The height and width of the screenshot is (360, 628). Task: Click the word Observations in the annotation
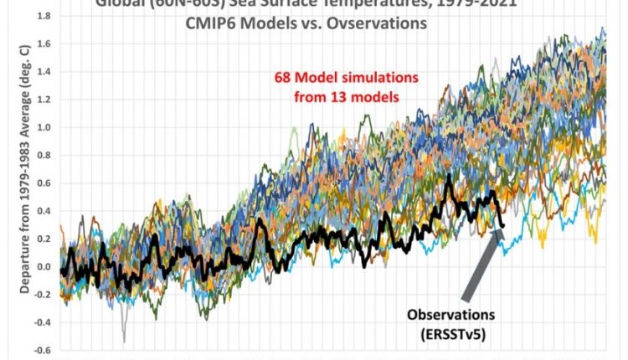tap(451, 315)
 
